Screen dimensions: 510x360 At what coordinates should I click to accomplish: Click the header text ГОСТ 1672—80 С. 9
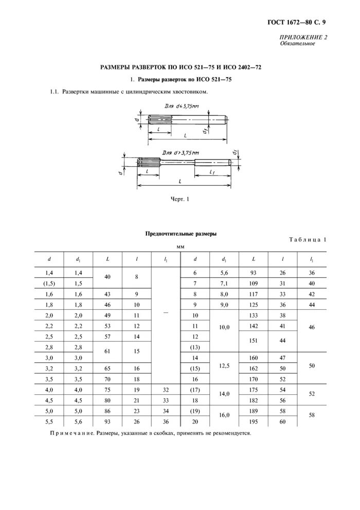pos(297,22)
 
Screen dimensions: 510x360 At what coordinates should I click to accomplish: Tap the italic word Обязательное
pos(297,44)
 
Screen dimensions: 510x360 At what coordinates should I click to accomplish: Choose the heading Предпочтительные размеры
pos(181,234)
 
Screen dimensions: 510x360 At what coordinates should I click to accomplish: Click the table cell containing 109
pos(254,284)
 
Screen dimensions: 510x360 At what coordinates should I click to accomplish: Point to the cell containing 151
pos(254,341)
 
